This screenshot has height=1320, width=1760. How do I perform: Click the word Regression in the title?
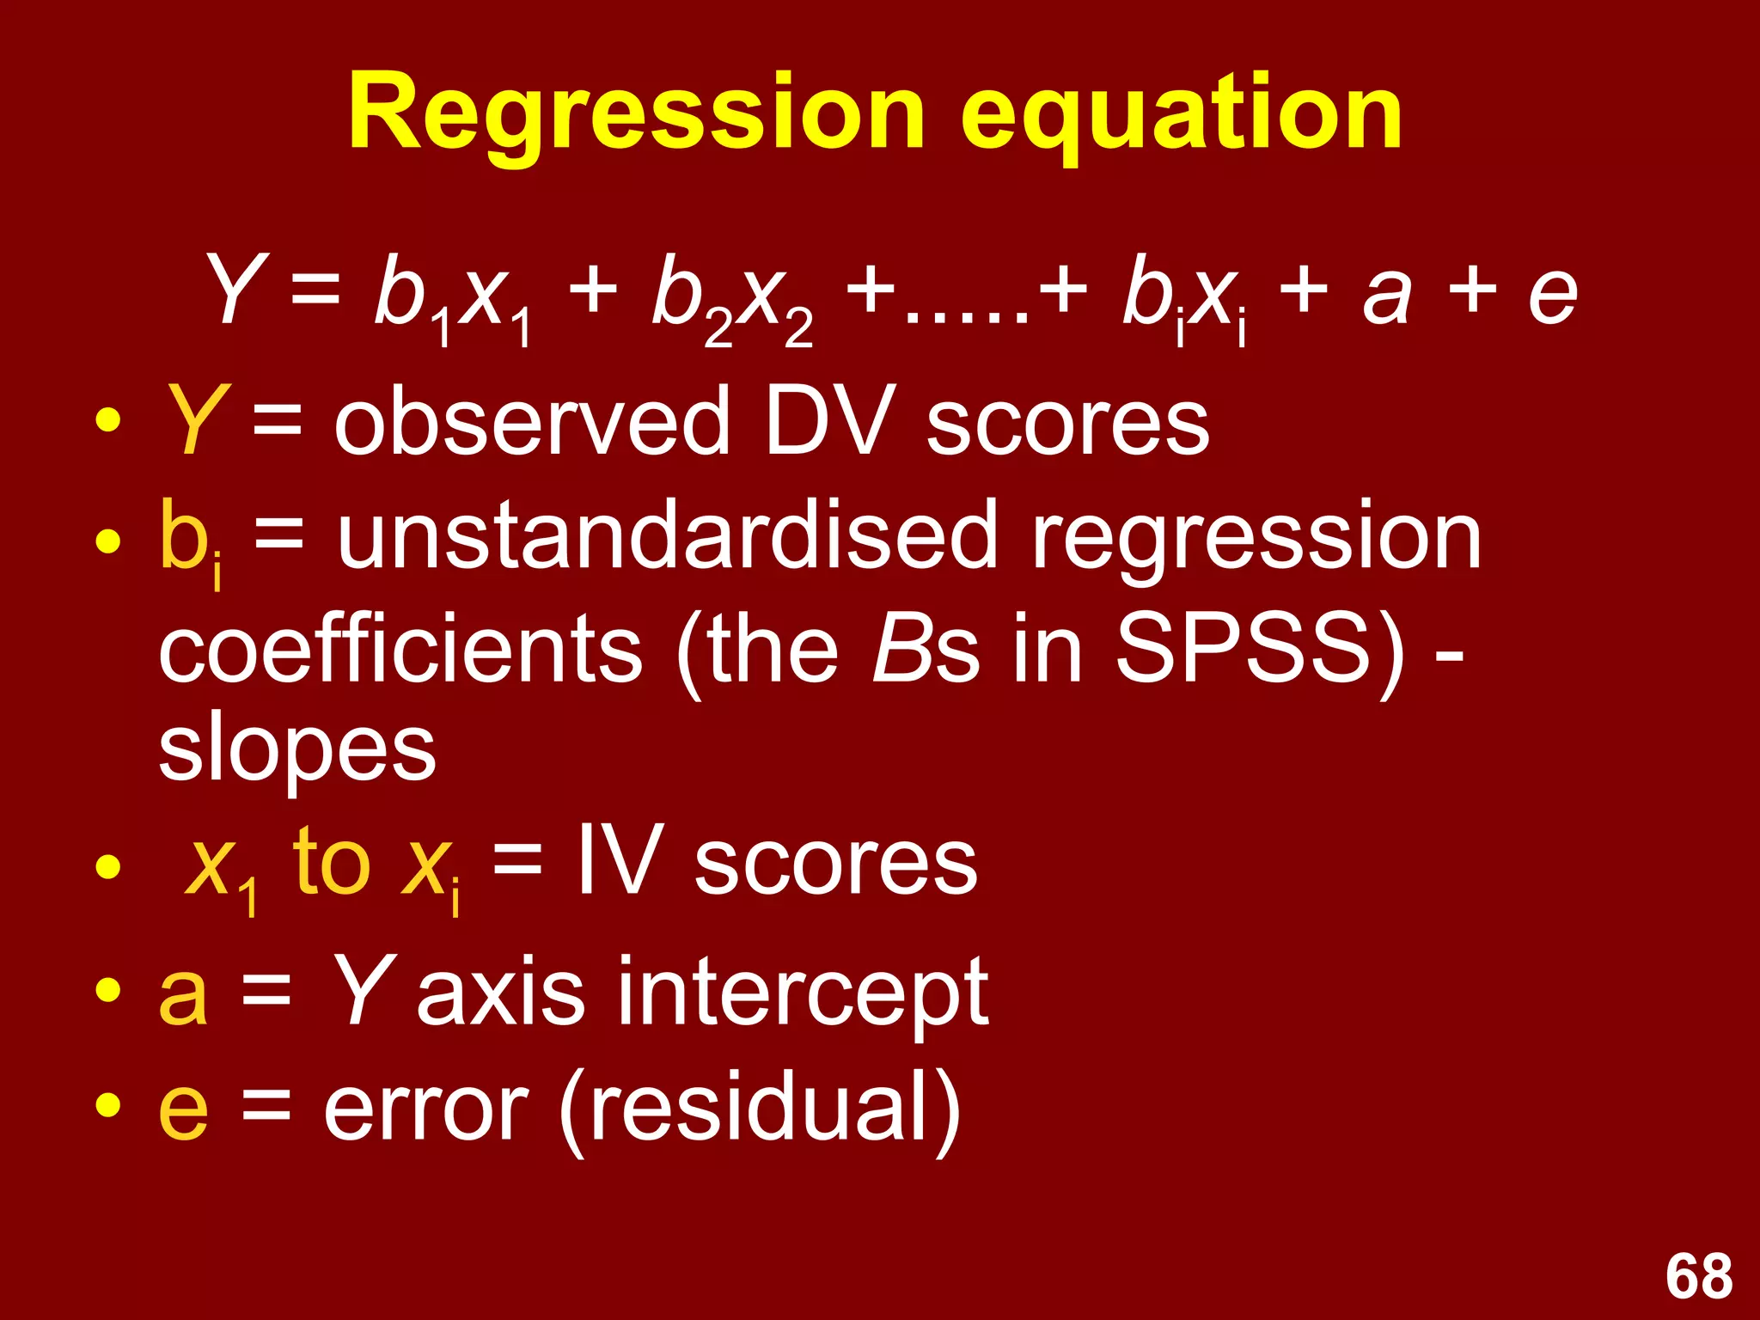pyautogui.click(x=636, y=114)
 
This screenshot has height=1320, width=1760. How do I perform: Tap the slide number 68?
pyautogui.click(x=1698, y=1276)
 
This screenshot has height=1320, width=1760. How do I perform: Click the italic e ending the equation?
pyautogui.click(x=1552, y=296)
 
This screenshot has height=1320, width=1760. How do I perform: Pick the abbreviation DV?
pyautogui.click(x=825, y=421)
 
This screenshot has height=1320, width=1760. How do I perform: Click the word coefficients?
pyautogui.click(x=400, y=649)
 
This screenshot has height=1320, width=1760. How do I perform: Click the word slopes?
pyautogui.click(x=297, y=752)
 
